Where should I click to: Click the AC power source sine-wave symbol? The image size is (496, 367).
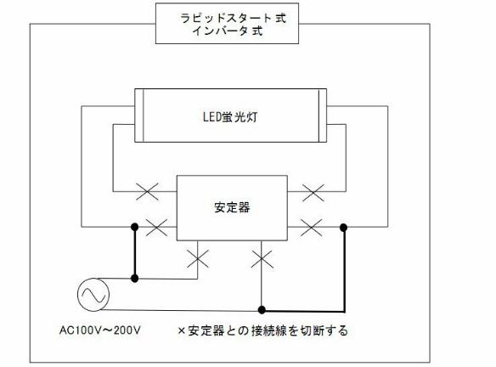[x=93, y=295]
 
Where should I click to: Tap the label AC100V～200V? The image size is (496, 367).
[x=99, y=330]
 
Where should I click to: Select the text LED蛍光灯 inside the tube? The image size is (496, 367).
[x=230, y=117]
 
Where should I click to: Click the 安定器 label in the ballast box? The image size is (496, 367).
[x=232, y=207]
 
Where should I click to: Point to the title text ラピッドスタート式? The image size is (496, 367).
[x=233, y=18]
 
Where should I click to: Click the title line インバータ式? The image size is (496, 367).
[x=228, y=31]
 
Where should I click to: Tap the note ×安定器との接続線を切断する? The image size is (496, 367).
[x=263, y=330]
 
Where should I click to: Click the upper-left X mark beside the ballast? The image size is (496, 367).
[x=147, y=191]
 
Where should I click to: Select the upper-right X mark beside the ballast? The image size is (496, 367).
[x=313, y=192]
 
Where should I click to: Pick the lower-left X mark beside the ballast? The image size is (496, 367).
[x=156, y=227]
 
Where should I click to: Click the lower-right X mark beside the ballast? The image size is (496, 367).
[x=311, y=228]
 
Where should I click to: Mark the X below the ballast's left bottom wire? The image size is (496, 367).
[x=198, y=259]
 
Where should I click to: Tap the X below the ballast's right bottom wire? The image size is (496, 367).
[x=262, y=259]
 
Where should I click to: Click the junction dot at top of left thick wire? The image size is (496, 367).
[x=135, y=227]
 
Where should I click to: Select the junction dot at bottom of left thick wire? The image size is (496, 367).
[x=135, y=279]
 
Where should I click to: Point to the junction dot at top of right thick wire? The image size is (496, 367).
[x=343, y=227]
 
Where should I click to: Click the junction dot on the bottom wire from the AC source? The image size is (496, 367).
[x=262, y=310]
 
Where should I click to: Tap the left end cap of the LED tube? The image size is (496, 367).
[x=139, y=116]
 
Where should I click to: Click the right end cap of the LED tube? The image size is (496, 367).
[x=323, y=116]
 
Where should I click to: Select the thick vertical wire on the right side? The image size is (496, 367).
[x=344, y=269]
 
